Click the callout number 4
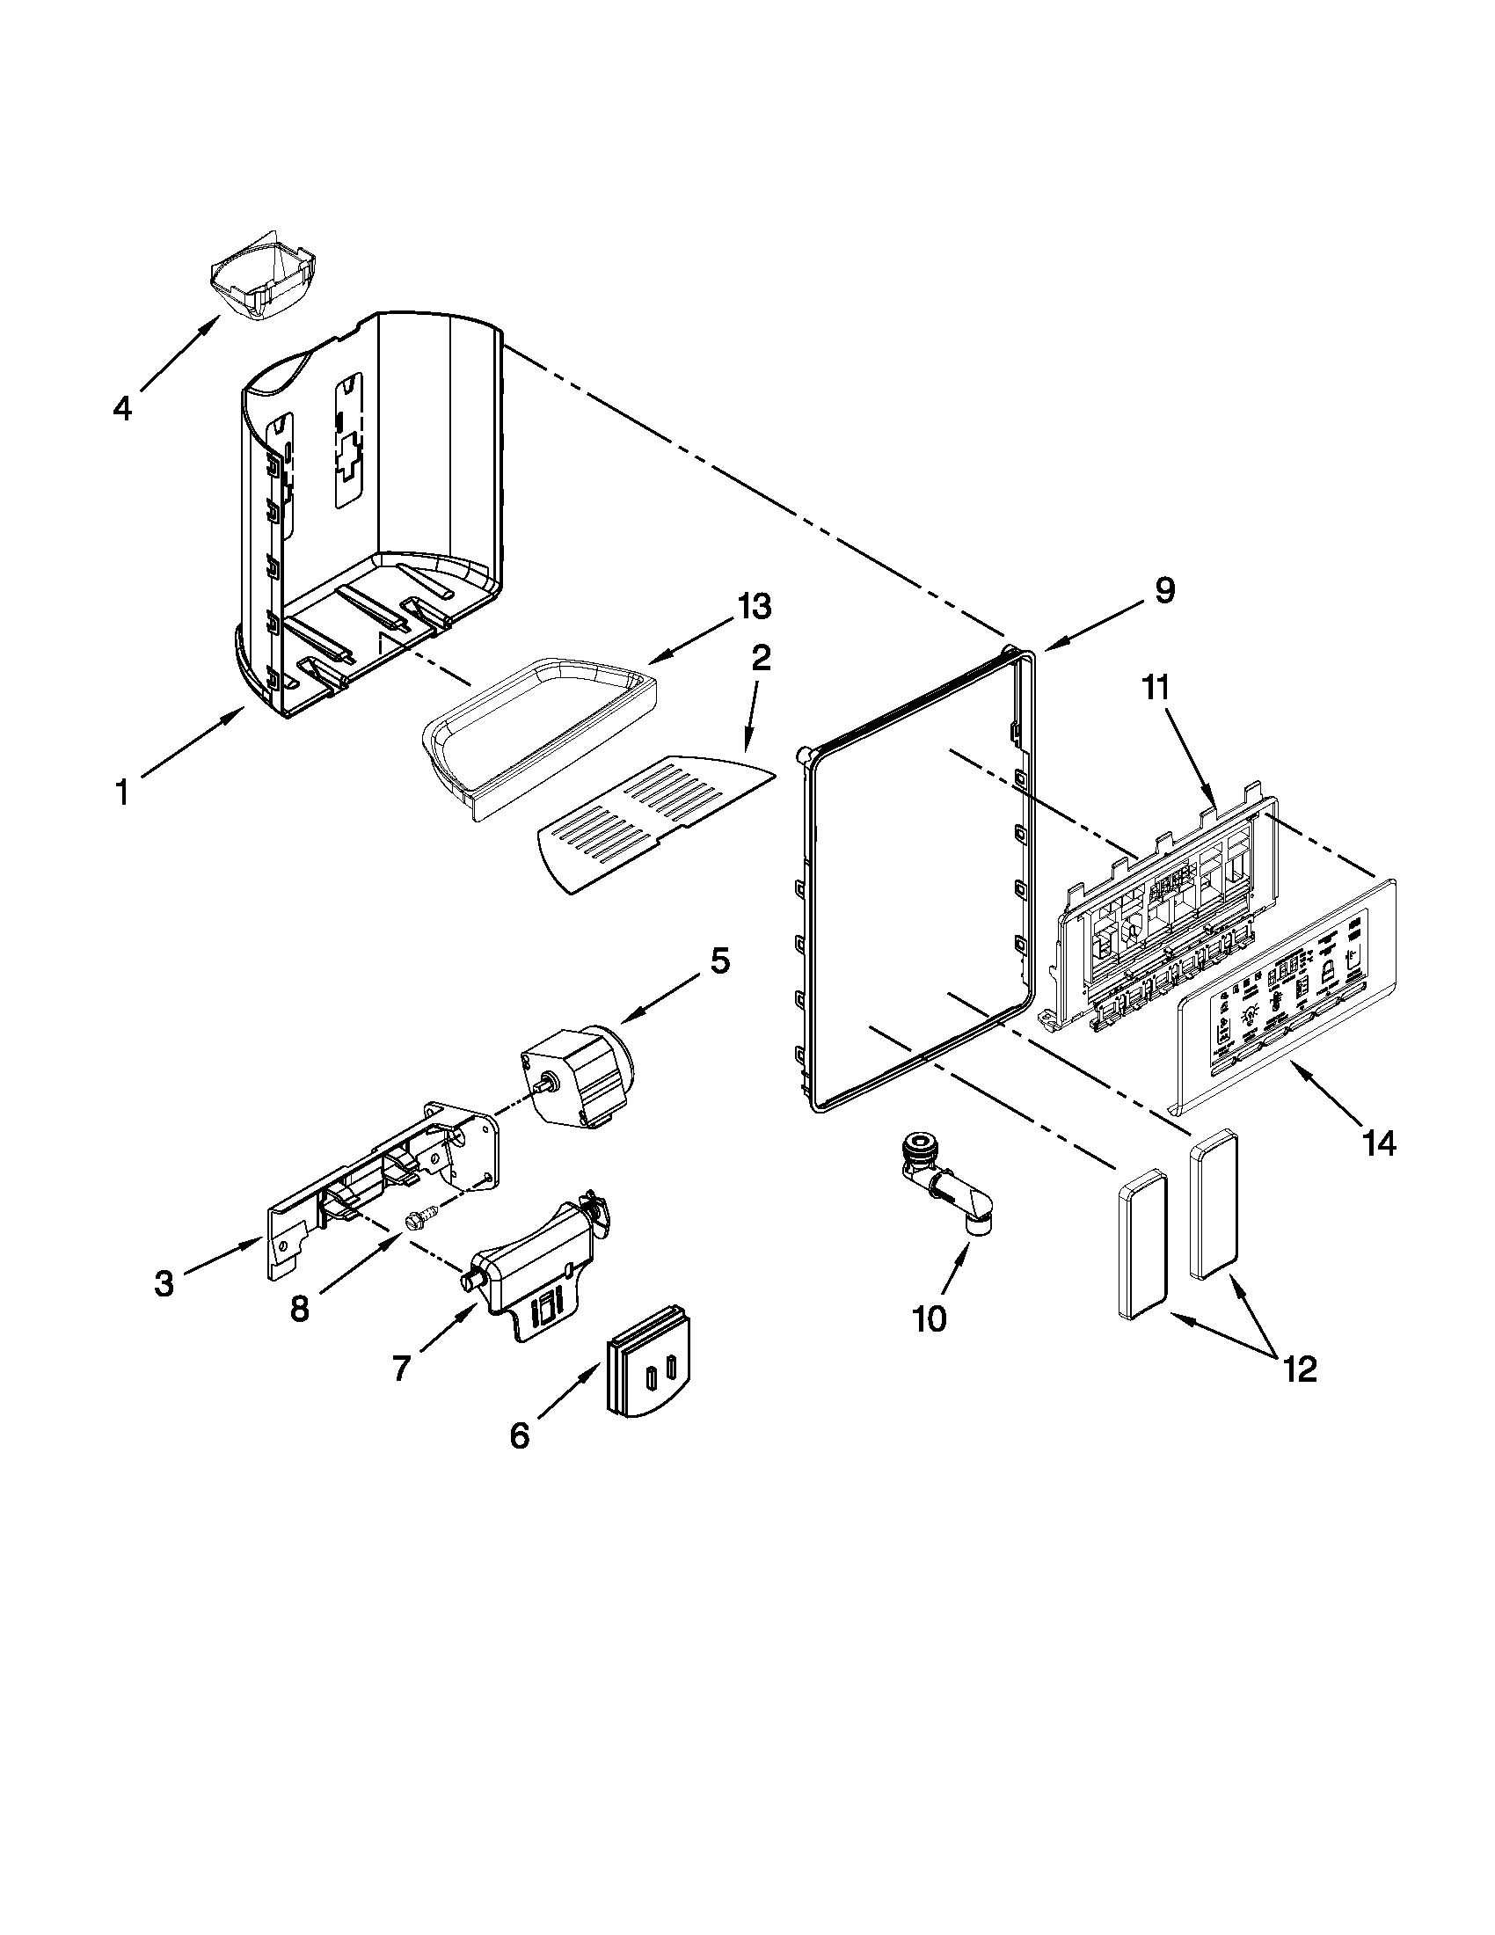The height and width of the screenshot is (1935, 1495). coord(122,408)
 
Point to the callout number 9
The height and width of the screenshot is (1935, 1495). coord(1163,589)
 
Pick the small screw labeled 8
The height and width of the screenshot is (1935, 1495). coord(414,1223)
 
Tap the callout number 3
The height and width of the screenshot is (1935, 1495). coord(164,1283)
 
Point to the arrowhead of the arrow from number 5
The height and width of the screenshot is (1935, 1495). coord(621,1023)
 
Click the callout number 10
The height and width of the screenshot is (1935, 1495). coord(928,1343)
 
